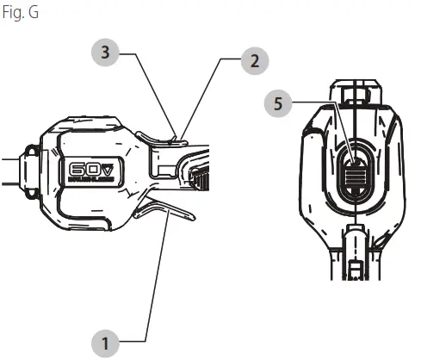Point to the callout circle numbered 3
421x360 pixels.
point(105,53)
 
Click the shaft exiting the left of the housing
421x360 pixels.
point(10,170)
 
